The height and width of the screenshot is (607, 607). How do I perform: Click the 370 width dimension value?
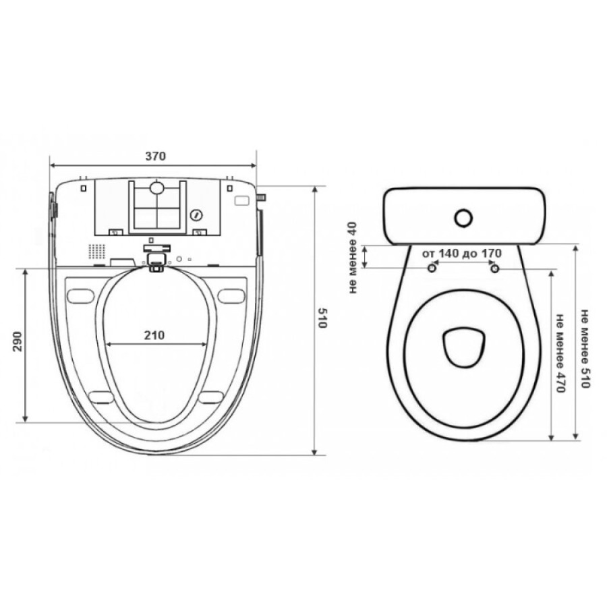155,156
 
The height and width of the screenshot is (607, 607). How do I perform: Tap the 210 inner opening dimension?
154,335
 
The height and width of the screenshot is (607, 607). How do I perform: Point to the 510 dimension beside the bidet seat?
322,318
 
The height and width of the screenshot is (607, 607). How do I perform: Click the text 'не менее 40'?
353,257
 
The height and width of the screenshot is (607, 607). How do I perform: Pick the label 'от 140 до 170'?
462,254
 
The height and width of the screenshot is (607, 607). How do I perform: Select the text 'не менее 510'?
584,349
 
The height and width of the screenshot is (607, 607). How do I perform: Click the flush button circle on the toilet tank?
463,218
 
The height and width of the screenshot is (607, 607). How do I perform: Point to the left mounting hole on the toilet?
432,268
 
